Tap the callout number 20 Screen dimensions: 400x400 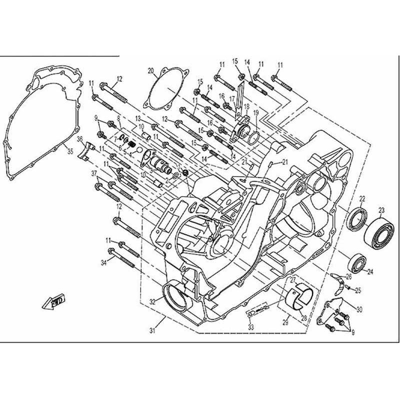point(150,71)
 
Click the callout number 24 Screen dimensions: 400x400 point(370,272)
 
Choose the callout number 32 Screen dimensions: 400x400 point(152,301)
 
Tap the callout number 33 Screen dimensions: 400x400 point(251,327)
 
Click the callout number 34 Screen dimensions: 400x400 point(103,262)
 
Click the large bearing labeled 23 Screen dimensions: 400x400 point(378,231)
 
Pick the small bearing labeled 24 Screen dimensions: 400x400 point(357,261)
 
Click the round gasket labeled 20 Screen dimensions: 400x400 point(164,92)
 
